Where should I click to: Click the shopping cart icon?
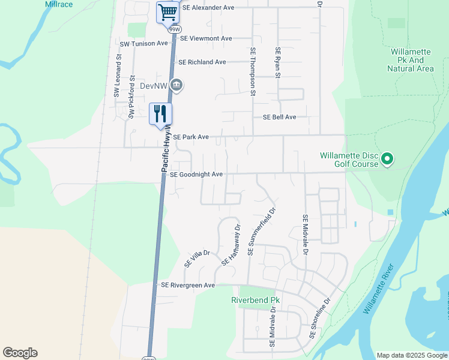pyautogui.click(x=167, y=12)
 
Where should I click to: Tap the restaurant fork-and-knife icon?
pyautogui.click(x=160, y=113)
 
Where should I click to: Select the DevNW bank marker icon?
pyautogui.click(x=176, y=86)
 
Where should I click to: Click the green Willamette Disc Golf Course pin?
pyautogui.click(x=387, y=159)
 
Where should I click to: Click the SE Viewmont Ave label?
pyautogui.click(x=206, y=38)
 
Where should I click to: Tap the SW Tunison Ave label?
pyautogui.click(x=144, y=44)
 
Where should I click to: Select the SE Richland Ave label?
pyautogui.click(x=202, y=62)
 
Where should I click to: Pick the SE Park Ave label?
pyautogui.click(x=191, y=137)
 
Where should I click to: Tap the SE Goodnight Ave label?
pyautogui.click(x=196, y=175)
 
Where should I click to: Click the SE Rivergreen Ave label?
pyautogui.click(x=188, y=286)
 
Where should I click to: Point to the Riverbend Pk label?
pyautogui.click(x=256, y=299)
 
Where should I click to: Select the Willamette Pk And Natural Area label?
pyautogui.click(x=411, y=60)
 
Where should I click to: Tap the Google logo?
pyautogui.click(x=20, y=353)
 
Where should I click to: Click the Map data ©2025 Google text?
pyautogui.click(x=412, y=355)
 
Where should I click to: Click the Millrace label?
pyautogui.click(x=59, y=4)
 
